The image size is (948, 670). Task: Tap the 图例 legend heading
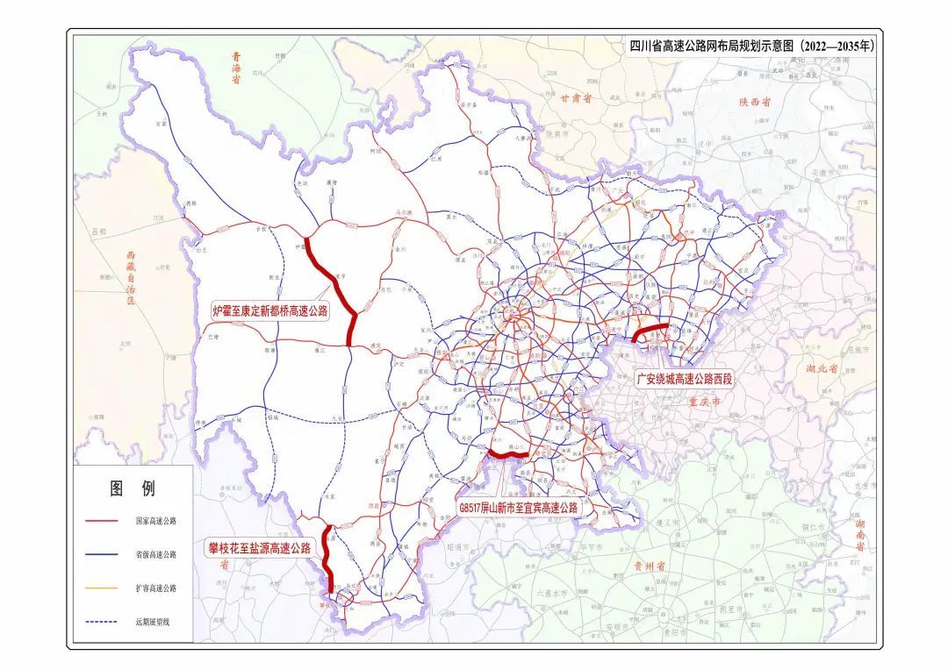(132, 488)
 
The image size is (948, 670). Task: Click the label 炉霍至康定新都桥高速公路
(270, 310)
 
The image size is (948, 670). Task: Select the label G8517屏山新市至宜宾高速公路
(520, 507)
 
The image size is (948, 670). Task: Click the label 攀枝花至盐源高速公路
(259, 548)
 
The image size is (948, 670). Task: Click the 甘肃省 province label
(577, 99)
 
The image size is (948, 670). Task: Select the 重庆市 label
(702, 402)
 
